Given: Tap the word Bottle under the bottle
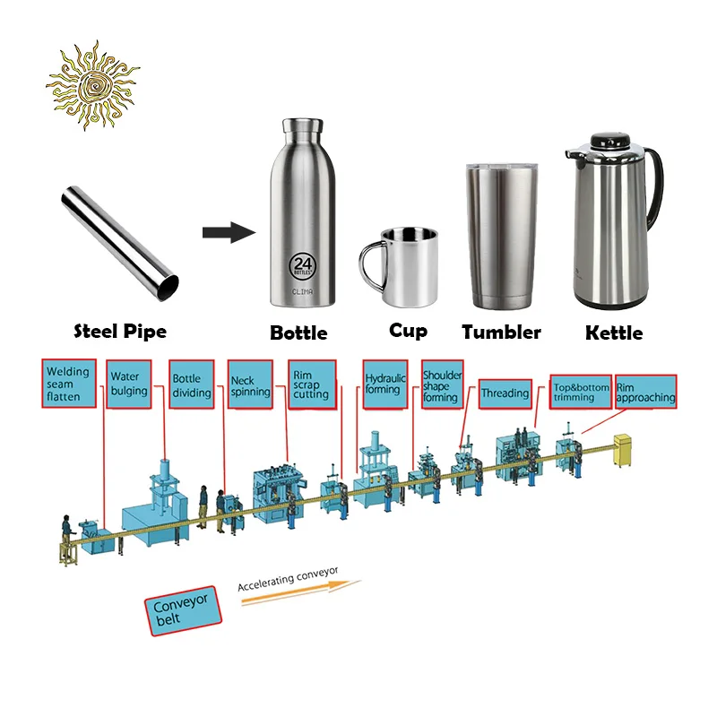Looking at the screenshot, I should (x=298, y=333).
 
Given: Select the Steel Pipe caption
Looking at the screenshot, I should (x=119, y=332).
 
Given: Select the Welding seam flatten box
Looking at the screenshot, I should (x=70, y=384).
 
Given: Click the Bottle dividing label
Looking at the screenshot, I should (x=193, y=386).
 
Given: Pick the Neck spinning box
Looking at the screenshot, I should (x=250, y=386).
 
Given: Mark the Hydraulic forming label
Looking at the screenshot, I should (x=385, y=384).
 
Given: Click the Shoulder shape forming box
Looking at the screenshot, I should (x=441, y=385).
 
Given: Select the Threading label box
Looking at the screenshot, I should (x=505, y=393).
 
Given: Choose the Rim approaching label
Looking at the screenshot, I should (x=645, y=392).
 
